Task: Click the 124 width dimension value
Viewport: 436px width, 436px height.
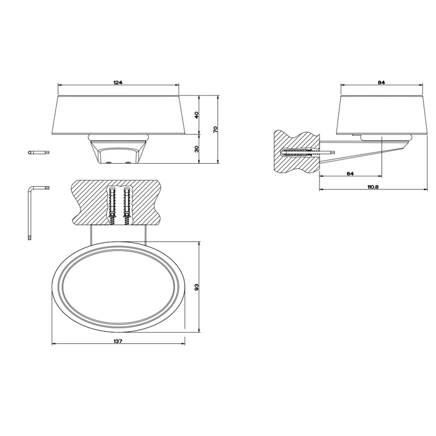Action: pyautogui.click(x=118, y=82)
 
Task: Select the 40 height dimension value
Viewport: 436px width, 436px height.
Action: pyautogui.click(x=197, y=115)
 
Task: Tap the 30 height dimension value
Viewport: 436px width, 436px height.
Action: pyautogui.click(x=197, y=149)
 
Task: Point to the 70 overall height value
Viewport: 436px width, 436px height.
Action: pyautogui.click(x=216, y=130)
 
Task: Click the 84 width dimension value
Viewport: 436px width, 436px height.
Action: pyautogui.click(x=381, y=82)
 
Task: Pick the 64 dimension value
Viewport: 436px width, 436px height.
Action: pyautogui.click(x=350, y=174)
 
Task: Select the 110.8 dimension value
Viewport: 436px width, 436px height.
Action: pyautogui.click(x=373, y=187)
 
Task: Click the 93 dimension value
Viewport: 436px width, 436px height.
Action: pyautogui.click(x=197, y=287)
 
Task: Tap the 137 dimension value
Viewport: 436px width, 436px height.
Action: pyautogui.click(x=118, y=341)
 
